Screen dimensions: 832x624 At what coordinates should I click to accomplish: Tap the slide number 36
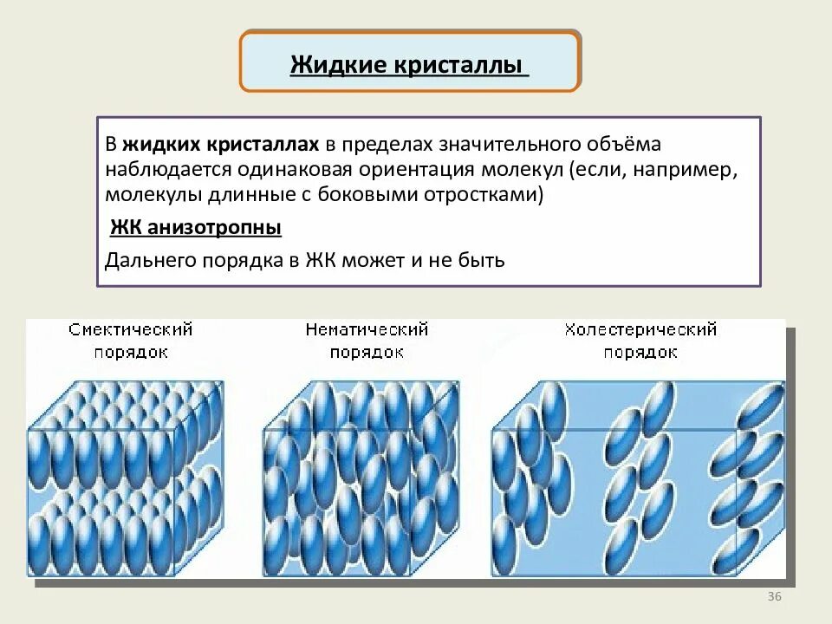click(x=775, y=597)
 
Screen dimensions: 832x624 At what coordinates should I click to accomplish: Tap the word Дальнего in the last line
click(x=146, y=260)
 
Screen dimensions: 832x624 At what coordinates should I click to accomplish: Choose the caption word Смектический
click(x=130, y=330)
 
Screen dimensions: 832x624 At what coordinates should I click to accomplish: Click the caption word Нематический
click(x=367, y=330)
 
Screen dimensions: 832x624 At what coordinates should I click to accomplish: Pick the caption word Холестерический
click(x=640, y=330)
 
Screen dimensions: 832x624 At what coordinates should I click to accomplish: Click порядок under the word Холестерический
click(x=640, y=353)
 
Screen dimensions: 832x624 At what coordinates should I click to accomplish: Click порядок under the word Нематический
click(x=367, y=353)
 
